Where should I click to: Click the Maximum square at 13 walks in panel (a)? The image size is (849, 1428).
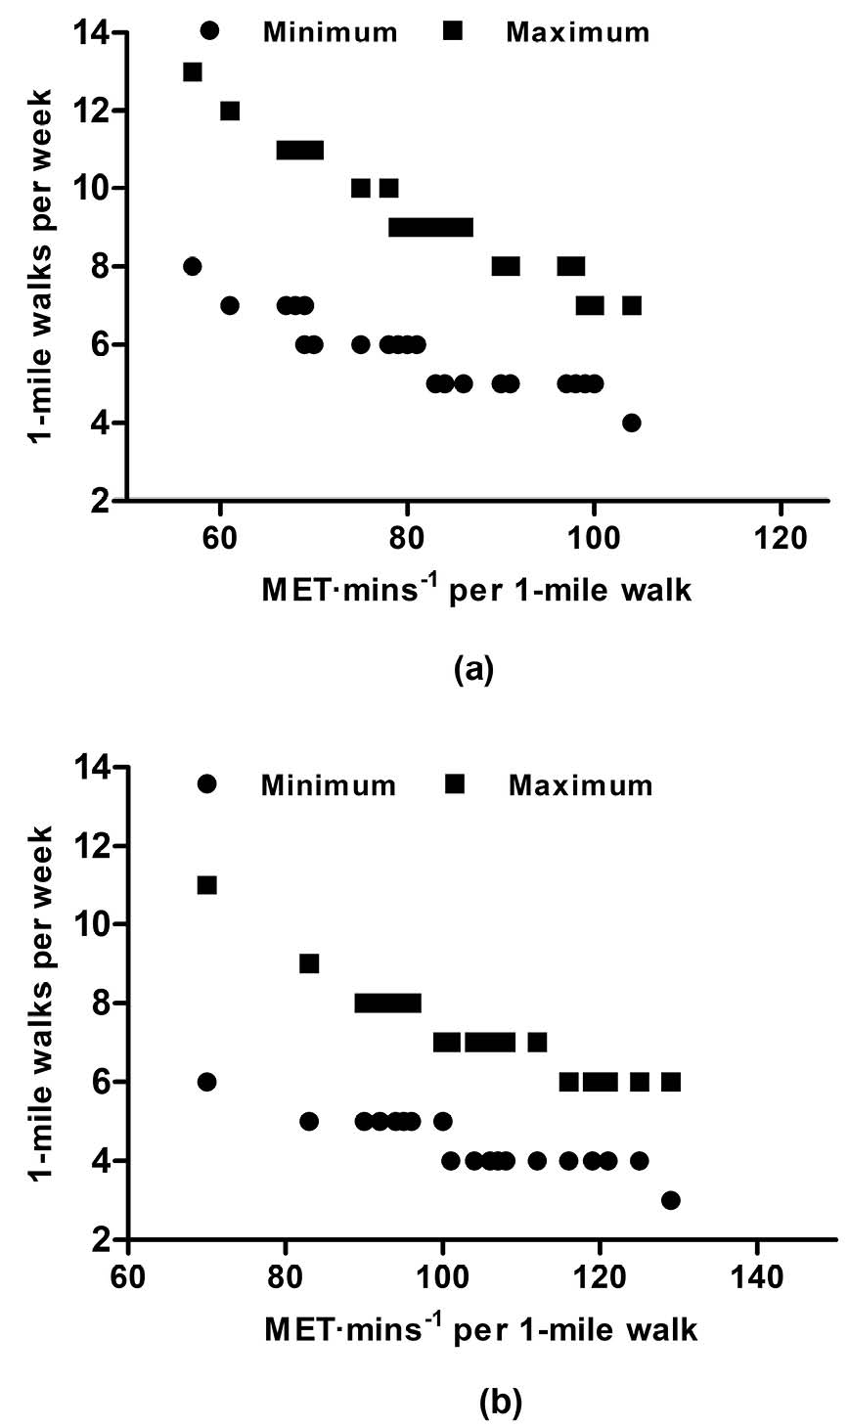193,71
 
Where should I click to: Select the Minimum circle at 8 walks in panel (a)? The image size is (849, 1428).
193,266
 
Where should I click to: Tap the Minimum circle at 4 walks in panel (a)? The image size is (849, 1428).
632,423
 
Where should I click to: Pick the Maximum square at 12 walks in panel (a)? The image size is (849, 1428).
230,111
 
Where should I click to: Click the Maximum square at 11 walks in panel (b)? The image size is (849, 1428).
206,885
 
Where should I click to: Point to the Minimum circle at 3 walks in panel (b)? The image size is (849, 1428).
670,1200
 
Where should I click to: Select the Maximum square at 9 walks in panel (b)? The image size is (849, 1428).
309,963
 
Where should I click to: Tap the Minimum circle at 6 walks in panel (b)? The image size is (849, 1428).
206,1082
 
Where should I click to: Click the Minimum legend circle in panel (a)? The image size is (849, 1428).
209,30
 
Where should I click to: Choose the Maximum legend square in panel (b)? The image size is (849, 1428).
454,783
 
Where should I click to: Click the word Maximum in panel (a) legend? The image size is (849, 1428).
577,32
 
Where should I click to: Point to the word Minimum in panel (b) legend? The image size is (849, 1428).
329,785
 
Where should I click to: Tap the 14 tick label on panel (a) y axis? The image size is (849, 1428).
94,33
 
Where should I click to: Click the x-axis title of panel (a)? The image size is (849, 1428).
476,590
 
